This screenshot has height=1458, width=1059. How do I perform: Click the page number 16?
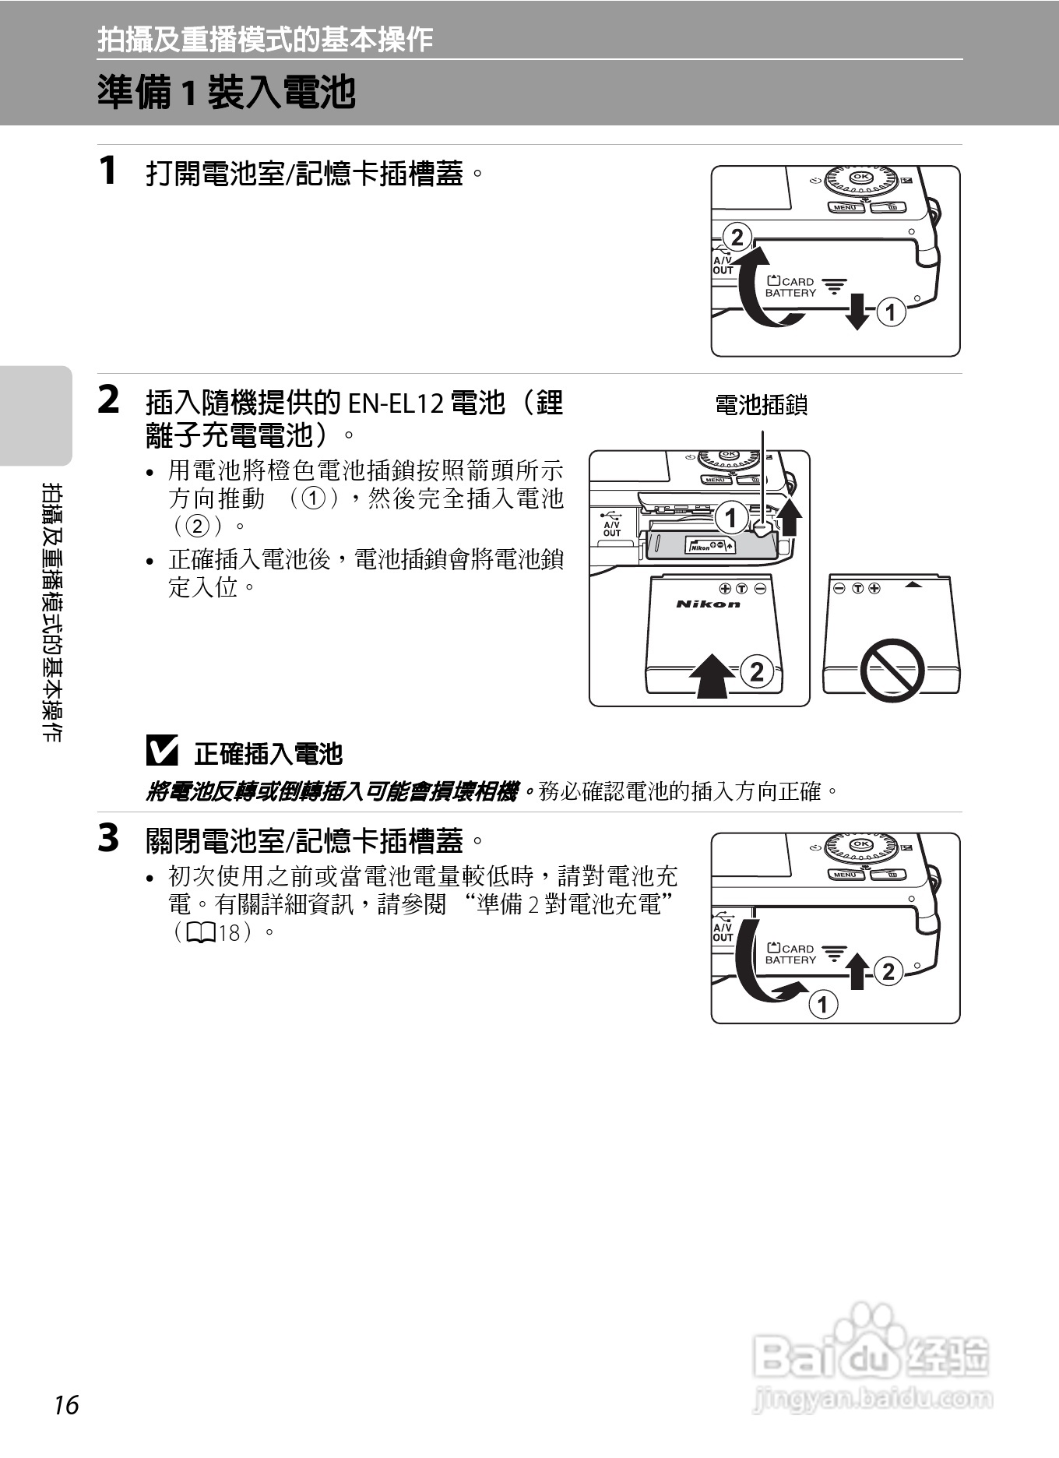[x=67, y=1405]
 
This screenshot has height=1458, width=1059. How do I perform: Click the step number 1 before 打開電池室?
[x=108, y=171]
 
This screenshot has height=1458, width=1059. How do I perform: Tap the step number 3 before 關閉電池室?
[x=109, y=839]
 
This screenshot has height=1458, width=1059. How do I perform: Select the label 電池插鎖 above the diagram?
[x=761, y=405]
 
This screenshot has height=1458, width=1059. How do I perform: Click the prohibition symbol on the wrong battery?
[x=892, y=670]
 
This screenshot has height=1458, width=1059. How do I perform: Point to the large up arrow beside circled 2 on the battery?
[x=712, y=674]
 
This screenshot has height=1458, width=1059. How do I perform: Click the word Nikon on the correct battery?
[x=708, y=604]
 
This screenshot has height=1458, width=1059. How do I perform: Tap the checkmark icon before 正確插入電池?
[x=162, y=752]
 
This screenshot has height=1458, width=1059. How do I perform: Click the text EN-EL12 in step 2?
[x=395, y=404]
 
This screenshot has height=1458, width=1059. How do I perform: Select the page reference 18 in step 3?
[x=228, y=932]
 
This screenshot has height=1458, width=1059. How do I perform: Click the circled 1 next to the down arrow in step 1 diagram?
[x=891, y=312]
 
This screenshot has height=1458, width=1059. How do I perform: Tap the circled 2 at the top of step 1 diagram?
[x=737, y=237]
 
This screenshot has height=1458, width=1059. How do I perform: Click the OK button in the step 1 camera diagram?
[x=861, y=177]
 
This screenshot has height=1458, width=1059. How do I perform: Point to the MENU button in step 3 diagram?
[x=845, y=875]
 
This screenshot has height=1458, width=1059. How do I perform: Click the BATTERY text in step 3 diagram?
[x=790, y=960]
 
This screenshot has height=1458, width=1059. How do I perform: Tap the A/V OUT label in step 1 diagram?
[x=723, y=266]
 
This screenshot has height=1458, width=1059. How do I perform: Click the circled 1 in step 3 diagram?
[x=823, y=1004]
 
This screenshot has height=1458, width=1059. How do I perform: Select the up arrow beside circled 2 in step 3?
[x=857, y=970]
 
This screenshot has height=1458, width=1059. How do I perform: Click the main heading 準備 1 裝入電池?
[x=227, y=93]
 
